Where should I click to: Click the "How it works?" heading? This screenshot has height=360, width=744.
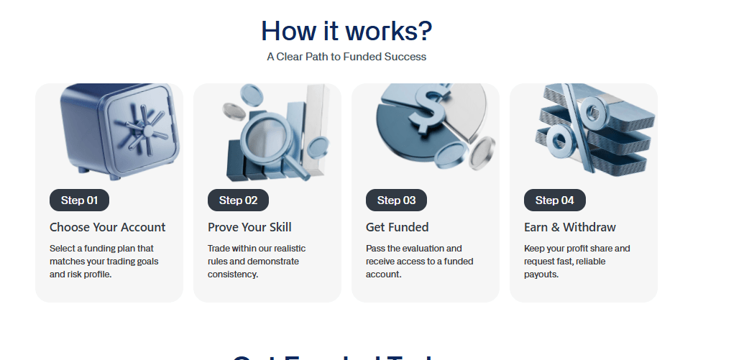tap(346, 31)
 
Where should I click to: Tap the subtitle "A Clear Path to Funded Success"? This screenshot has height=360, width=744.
tap(346, 57)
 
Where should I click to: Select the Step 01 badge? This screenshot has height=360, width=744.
tap(79, 200)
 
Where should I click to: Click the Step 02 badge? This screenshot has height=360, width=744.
tap(238, 200)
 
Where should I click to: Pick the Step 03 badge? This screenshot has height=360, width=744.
tap(396, 200)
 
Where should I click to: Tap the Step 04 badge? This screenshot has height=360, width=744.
tap(554, 200)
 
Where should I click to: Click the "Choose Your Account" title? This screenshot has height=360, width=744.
tap(107, 227)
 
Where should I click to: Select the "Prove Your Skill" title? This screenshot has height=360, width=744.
tap(249, 227)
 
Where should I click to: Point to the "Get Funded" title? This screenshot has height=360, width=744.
tap(397, 227)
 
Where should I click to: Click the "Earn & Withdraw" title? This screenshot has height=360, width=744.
tap(570, 227)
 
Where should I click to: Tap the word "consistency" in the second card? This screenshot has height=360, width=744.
tap(233, 274)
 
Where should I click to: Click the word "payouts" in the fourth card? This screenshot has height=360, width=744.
tap(541, 274)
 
